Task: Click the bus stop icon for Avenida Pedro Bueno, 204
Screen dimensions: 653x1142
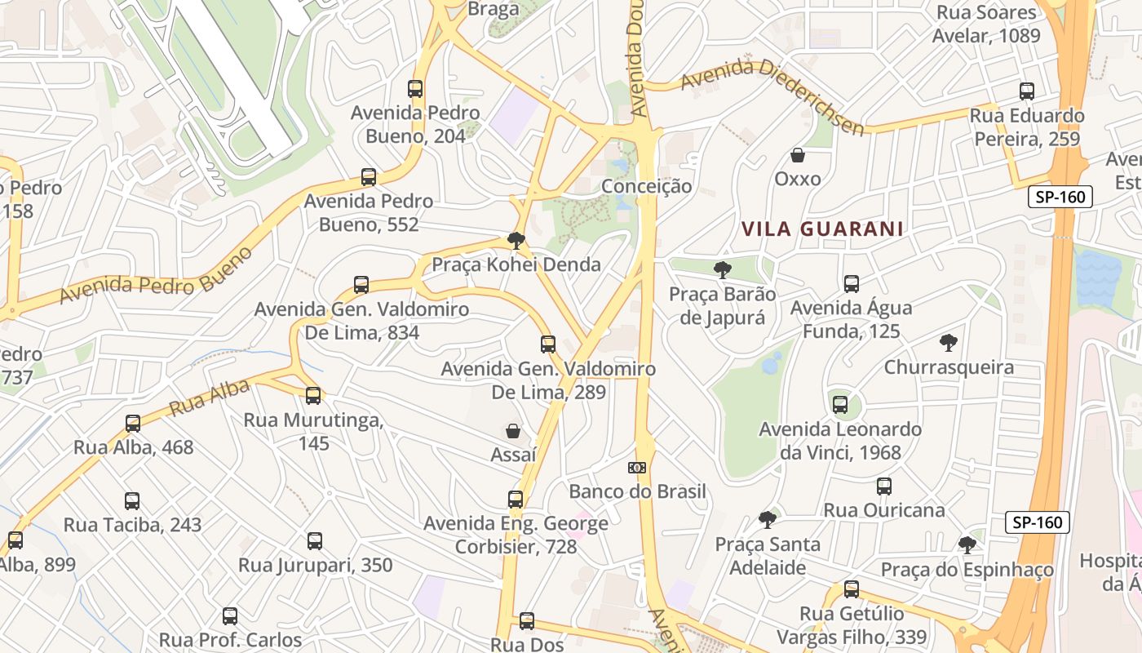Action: pos(415,89)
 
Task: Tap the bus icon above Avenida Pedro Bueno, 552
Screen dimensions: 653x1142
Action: pos(369,177)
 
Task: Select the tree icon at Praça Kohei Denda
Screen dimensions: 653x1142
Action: pos(516,240)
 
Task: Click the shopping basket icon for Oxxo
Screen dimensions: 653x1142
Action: pos(798,155)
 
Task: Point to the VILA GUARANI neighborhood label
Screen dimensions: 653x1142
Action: pos(822,229)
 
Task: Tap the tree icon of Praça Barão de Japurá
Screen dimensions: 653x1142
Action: pos(722,269)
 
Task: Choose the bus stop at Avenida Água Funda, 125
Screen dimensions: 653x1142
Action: pos(852,284)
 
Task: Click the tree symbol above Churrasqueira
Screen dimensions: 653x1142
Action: pos(948,343)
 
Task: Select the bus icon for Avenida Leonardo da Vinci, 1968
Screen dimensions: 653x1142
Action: pos(840,404)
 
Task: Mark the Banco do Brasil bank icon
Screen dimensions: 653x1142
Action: pos(637,468)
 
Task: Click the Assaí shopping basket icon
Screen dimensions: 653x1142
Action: pos(513,430)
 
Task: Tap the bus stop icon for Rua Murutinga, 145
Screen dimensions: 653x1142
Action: pos(313,396)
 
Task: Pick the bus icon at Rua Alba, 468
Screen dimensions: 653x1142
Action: pos(133,424)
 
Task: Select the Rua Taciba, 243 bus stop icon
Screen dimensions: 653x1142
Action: pos(132,501)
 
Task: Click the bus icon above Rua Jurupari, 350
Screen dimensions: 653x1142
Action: pos(315,540)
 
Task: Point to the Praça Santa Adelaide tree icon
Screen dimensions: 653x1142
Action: pos(767,519)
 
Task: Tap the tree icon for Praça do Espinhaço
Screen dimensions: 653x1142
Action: pos(967,544)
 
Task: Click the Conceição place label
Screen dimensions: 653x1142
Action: pos(646,186)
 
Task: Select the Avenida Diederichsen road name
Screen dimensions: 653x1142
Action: pos(772,96)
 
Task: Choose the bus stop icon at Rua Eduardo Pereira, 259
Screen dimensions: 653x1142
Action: pos(1027,91)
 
